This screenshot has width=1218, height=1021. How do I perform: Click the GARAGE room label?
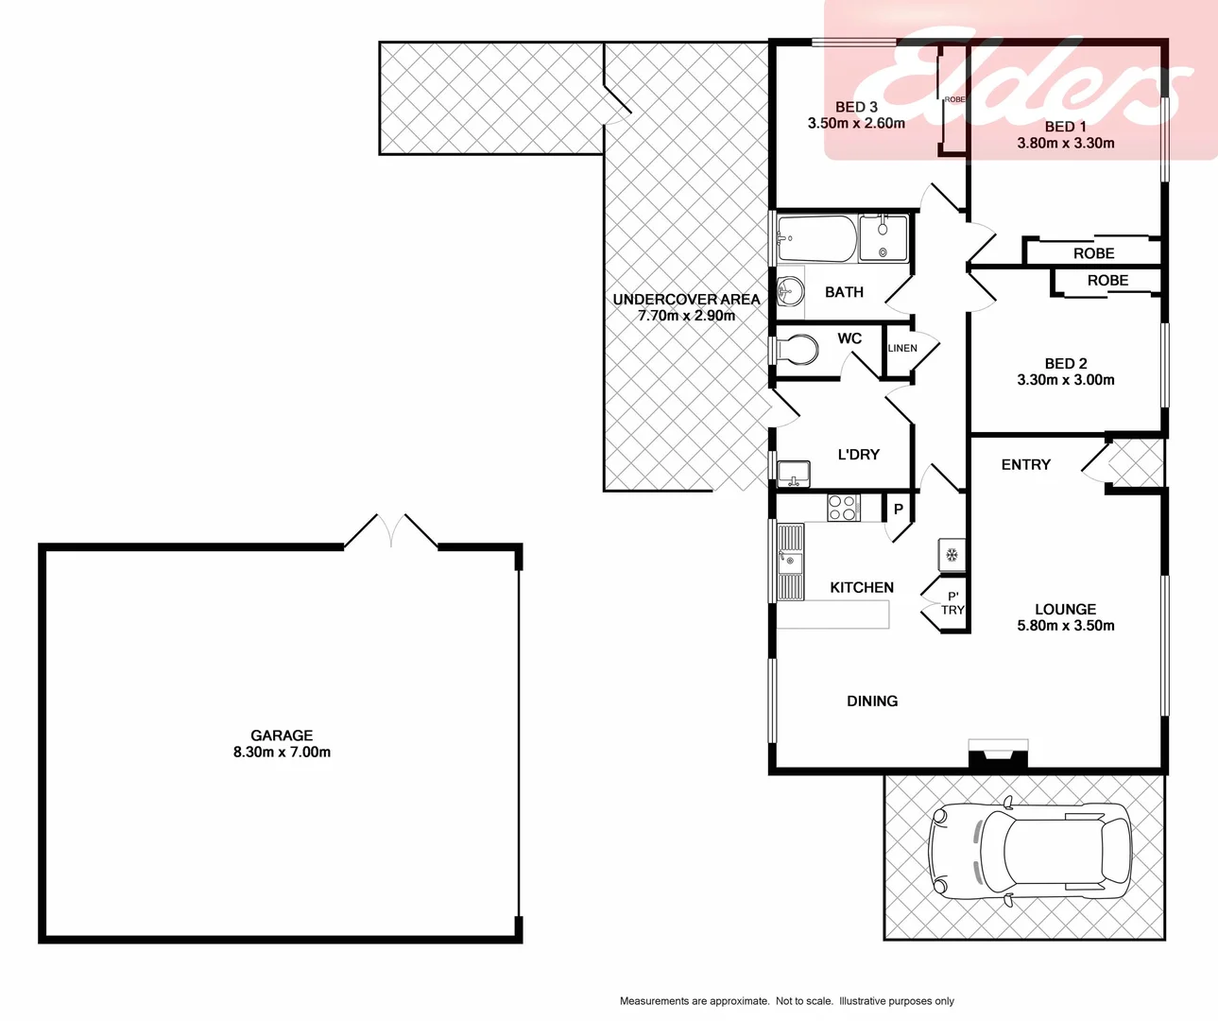click(x=282, y=735)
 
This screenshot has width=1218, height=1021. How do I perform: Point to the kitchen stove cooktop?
click(x=843, y=508)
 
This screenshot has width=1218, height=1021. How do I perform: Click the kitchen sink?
click(x=790, y=562)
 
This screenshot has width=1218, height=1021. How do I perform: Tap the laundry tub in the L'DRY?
click(x=794, y=473)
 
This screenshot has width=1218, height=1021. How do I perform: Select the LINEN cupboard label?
click(x=902, y=349)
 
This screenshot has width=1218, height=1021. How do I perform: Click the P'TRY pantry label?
click(x=952, y=603)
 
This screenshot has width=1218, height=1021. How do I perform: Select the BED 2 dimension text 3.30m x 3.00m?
click(x=1065, y=380)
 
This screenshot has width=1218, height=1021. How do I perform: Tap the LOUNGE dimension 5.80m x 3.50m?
click(x=1065, y=626)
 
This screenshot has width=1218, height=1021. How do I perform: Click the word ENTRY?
click(x=1025, y=465)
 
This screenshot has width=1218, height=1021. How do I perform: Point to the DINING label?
click(x=871, y=701)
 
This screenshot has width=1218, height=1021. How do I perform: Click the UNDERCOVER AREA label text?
click(x=686, y=300)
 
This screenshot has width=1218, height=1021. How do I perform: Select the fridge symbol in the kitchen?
click(x=952, y=554)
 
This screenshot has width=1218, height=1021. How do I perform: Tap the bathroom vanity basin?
click(x=790, y=291)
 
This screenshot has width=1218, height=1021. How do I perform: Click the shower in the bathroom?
click(x=883, y=239)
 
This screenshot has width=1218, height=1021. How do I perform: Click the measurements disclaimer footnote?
click(x=786, y=1001)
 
